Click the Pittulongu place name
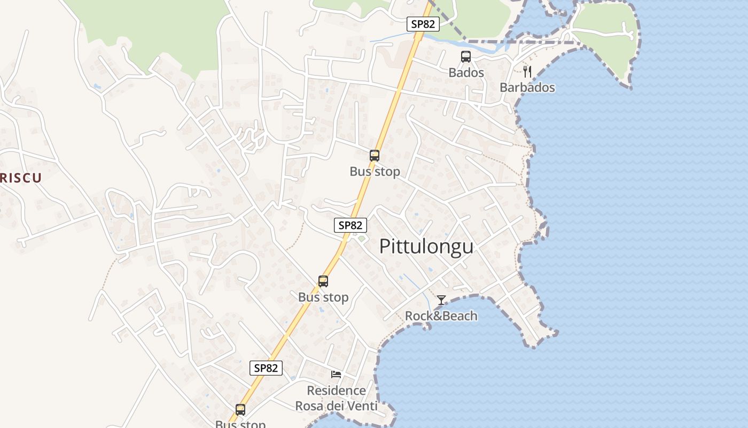point(426,246)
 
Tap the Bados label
point(466,73)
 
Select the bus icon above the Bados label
point(466,57)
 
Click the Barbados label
point(527,87)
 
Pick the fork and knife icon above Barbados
point(527,72)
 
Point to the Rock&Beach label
point(441,316)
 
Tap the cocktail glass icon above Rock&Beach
point(441,300)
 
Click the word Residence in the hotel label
point(336,391)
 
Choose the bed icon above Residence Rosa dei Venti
point(336,374)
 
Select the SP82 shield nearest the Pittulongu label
point(350,225)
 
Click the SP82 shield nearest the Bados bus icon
point(423,24)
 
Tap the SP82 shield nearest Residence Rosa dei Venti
point(266,368)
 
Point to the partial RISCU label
point(20,178)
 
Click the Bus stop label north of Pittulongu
point(375,172)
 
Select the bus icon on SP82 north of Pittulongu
point(375,156)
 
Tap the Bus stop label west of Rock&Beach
point(323,297)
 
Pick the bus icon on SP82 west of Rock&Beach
point(323,281)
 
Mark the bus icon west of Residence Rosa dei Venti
point(240,410)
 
